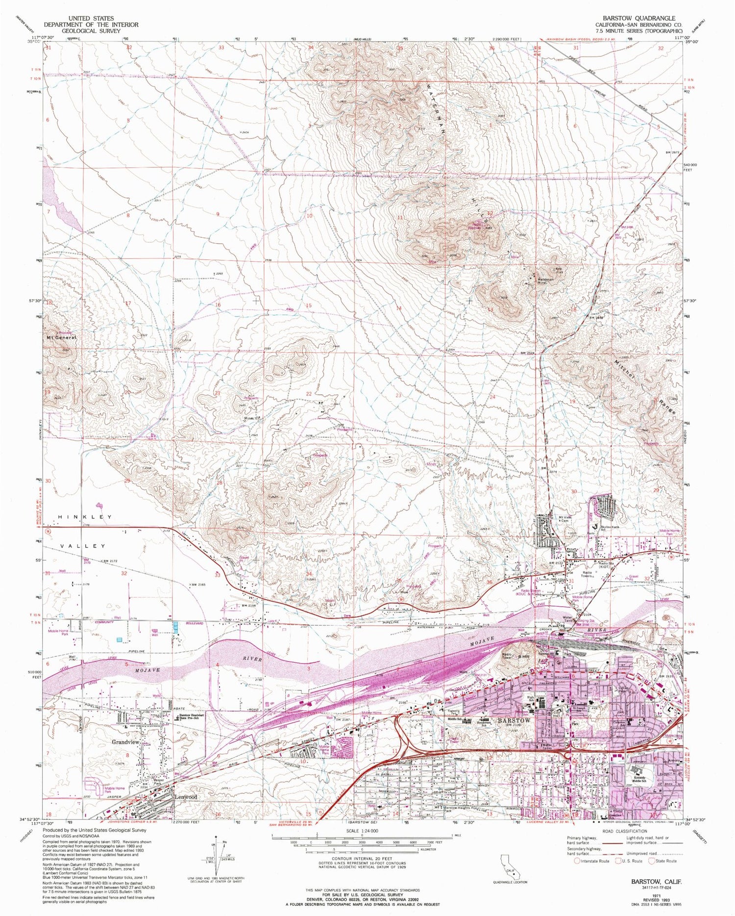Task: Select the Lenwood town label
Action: pyautogui.click(x=186, y=797)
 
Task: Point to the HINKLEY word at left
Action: pyautogui.click(x=85, y=517)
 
